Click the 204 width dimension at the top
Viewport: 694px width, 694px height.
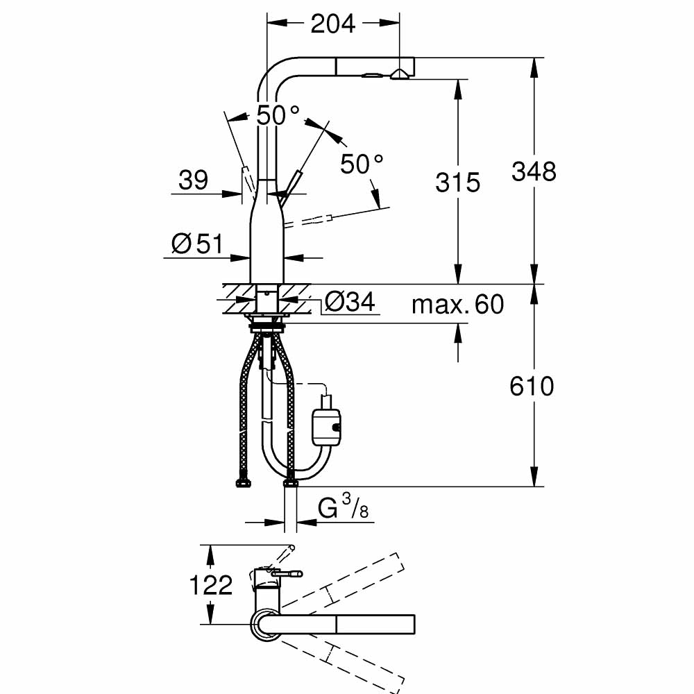pos(332,24)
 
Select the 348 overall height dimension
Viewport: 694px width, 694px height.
pos(534,171)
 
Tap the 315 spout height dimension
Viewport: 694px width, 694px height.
pos(457,183)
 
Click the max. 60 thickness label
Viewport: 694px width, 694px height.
pos(457,304)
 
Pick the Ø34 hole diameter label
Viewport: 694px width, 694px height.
pos(350,302)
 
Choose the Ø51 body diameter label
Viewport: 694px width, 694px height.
pos(196,244)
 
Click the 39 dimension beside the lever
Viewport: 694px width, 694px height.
pos(193,180)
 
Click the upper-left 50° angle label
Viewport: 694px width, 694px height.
pos(278,115)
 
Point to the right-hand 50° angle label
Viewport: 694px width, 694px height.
pos(362,164)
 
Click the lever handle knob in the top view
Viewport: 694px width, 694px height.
pos(296,573)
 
